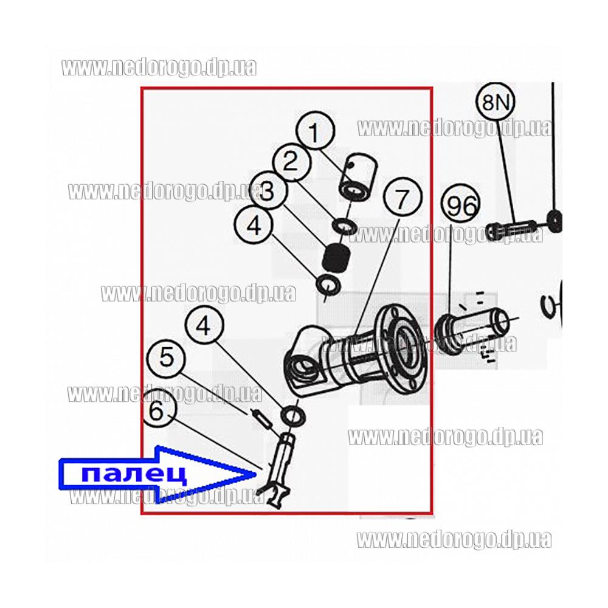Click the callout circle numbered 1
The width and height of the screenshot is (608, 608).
[315, 132]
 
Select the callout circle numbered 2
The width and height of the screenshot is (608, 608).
[292, 162]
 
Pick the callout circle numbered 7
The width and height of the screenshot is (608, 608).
[402, 198]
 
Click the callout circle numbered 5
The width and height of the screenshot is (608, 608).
[167, 356]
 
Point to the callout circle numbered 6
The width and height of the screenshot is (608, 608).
[157, 411]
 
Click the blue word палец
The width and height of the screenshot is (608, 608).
[134, 474]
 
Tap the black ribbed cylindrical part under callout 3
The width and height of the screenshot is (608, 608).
[337, 258]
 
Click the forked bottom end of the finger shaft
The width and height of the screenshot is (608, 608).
[278, 497]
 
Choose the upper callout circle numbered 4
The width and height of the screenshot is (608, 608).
[254, 226]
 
